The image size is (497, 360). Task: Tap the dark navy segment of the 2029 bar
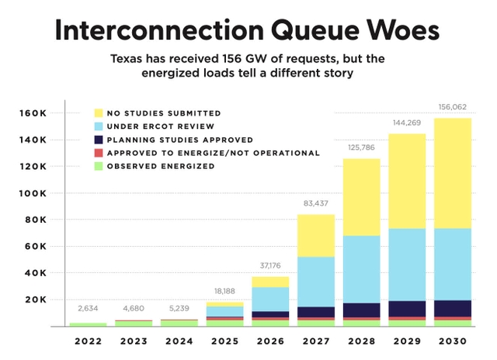click(x=406, y=308)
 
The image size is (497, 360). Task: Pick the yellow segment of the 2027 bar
click(x=315, y=236)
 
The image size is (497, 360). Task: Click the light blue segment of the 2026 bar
click(x=269, y=299)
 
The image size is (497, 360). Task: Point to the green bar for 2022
click(x=88, y=324)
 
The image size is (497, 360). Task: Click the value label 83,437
click(x=315, y=204)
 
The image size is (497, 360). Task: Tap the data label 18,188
click(x=224, y=291)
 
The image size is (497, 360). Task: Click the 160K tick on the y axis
click(x=33, y=113)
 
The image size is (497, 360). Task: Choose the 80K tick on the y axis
click(x=36, y=220)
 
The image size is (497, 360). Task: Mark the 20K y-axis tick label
click(x=36, y=299)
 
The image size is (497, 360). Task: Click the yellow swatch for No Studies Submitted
click(x=98, y=113)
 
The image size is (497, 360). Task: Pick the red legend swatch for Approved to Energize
click(x=98, y=153)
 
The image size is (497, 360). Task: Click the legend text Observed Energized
click(x=159, y=166)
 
